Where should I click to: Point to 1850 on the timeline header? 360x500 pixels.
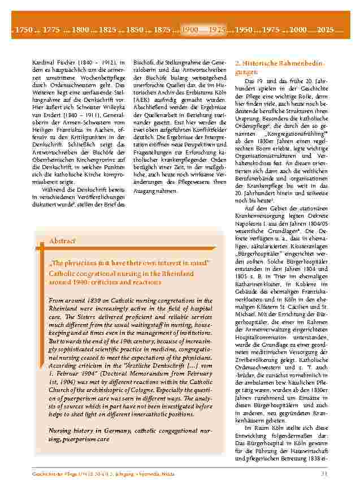pyautogui.click(x=135, y=29)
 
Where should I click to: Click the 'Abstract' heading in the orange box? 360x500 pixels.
pyautogui.click(x=62, y=240)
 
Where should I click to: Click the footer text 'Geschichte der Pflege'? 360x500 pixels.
pyautogui.click(x=57, y=473)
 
